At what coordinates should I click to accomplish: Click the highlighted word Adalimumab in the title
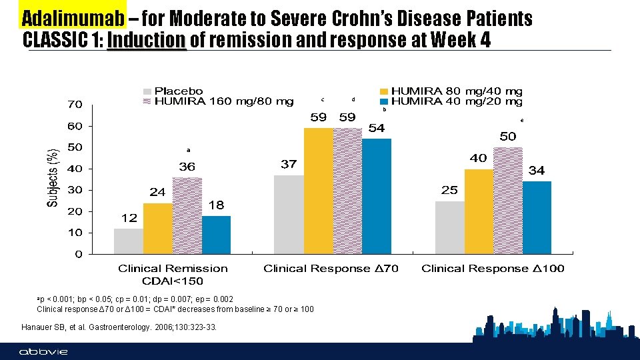[73, 18]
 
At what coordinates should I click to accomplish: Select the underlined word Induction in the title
[146, 41]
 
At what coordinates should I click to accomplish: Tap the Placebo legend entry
[179, 91]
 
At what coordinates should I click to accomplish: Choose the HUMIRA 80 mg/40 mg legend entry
[456, 91]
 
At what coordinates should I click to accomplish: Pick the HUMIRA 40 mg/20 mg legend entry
[456, 101]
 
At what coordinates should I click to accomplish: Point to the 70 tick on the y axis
[74, 105]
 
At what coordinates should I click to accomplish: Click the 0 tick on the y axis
[79, 254]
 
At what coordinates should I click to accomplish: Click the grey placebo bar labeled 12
[129, 241]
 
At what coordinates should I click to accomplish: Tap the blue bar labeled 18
[216, 235]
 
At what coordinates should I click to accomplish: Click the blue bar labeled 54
[377, 196]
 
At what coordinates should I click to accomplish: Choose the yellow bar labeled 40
[479, 211]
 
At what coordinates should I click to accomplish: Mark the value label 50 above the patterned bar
[508, 136]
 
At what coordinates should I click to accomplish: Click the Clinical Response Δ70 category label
[331, 269]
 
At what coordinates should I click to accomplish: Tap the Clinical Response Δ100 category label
[493, 269]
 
